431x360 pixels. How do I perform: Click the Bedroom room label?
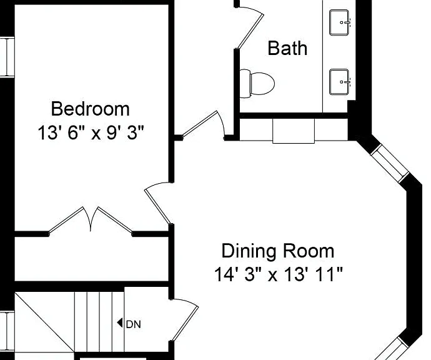pos(90,109)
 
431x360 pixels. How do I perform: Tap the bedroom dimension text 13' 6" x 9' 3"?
pos(91,132)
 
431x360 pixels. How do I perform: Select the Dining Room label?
pos(278,251)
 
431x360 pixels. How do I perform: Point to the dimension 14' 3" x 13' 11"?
pos(279,274)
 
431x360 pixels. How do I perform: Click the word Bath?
pos(287,48)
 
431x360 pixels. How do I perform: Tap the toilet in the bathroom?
pos(257,83)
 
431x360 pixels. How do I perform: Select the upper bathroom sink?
pos(340,22)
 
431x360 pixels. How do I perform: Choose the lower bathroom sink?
pos(340,82)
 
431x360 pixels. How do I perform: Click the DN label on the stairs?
pos(133,324)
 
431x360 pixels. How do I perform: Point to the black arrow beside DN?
pos(120,322)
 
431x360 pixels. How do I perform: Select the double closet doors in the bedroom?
pos(91,220)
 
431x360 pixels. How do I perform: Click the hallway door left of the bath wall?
pos(204,125)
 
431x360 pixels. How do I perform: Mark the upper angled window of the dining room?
pos(390,162)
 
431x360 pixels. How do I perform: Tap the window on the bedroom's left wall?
pos(7,57)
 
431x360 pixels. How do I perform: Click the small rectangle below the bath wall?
pos(294,131)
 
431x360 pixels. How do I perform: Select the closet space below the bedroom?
pos(91,259)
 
